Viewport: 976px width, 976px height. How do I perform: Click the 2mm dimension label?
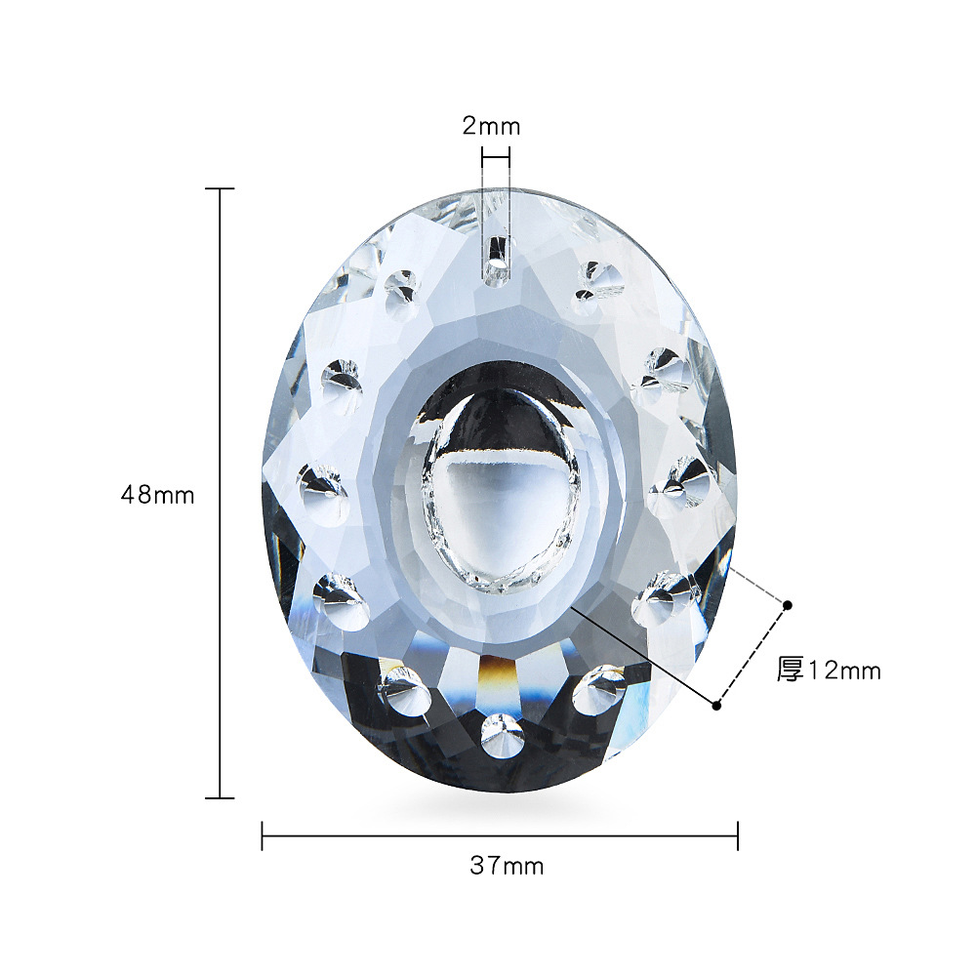coord(491,126)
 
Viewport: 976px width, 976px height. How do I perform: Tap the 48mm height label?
coord(157,496)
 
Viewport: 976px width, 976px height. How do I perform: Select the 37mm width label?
coord(507,866)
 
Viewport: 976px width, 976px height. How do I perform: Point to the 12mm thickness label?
coord(844,671)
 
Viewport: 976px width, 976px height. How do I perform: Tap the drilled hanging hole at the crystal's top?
coord(496,265)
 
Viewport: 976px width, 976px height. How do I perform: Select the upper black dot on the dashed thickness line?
coord(788,605)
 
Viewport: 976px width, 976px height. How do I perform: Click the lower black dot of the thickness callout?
coord(717,706)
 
